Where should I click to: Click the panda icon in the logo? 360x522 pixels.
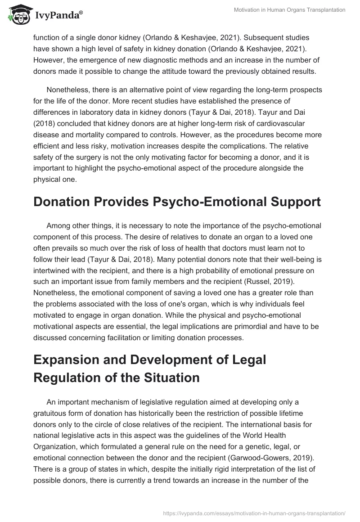coord(17,15)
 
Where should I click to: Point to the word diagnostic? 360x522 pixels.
coord(163,60)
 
